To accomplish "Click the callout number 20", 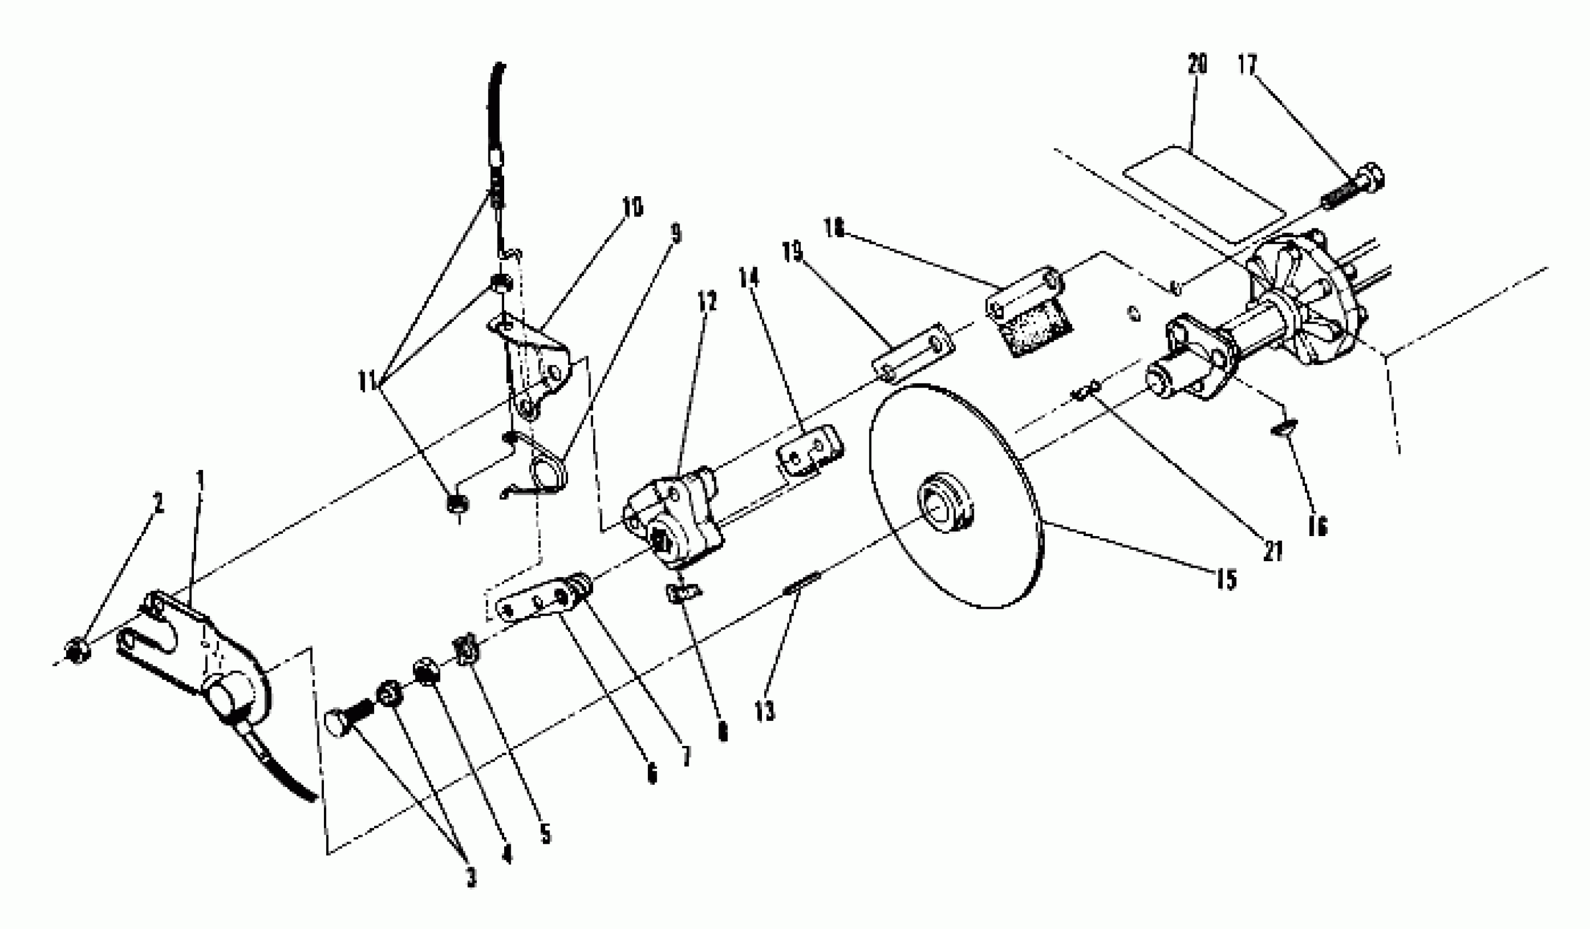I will click(1197, 64).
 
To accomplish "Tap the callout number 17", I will click(1247, 64).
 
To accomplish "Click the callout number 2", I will click(158, 503).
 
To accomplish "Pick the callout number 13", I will click(765, 712).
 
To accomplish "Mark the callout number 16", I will click(1317, 525).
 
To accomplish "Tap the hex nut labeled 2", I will click(77, 651).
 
